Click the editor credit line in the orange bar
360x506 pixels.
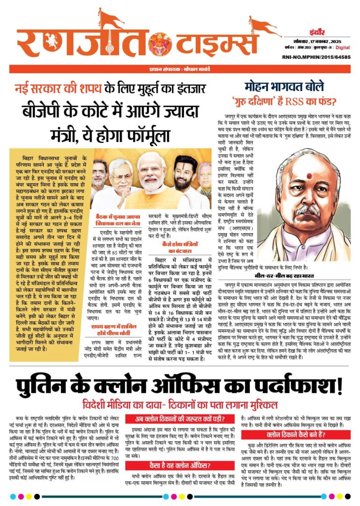pos(180,69)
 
